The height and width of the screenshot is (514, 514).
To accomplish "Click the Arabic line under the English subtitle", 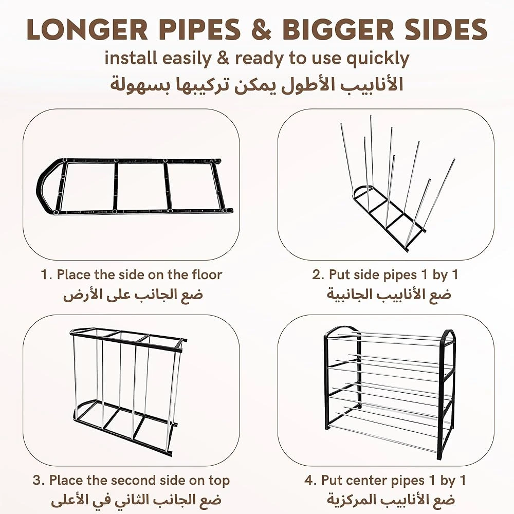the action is point(256,85).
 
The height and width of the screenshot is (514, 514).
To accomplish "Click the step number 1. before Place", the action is point(47,274).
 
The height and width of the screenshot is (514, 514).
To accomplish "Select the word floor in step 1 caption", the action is point(207,274).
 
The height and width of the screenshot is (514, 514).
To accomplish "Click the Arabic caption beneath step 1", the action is point(134,295).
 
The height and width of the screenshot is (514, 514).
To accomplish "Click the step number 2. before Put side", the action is point(318,274).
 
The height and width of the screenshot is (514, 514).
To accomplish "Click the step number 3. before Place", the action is point(39,481).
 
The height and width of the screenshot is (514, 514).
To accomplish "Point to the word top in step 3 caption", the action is point(219,481).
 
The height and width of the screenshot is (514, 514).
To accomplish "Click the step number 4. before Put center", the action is point(310,481).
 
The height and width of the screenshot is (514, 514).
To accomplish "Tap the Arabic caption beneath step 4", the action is point(391,500).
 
